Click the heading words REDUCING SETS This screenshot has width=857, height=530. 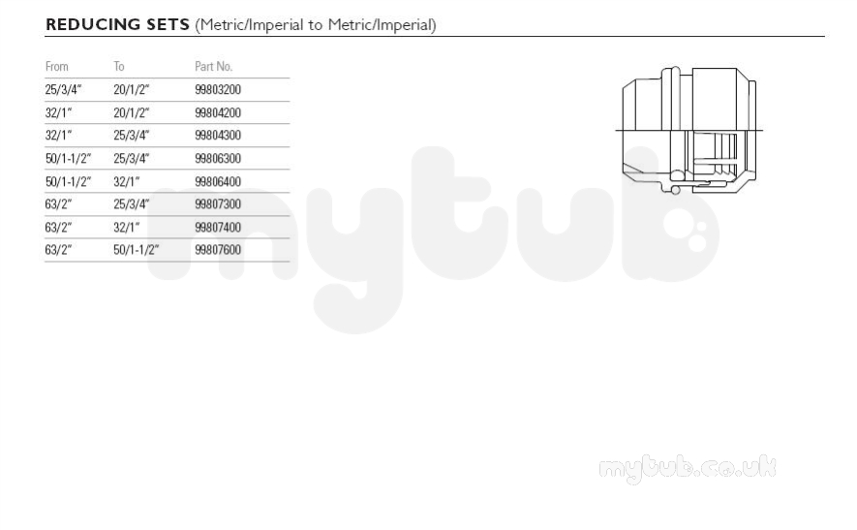coord(117,24)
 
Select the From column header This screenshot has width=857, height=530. coord(57,66)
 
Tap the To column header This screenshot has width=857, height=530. coord(119,66)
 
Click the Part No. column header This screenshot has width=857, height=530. coord(214,66)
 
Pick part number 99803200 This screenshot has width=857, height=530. coord(218,90)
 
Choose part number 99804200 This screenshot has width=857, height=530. coord(218,112)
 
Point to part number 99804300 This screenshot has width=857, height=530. coord(218,135)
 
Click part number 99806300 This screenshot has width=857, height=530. coord(218,158)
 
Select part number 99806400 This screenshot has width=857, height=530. coord(218,181)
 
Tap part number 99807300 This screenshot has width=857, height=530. coord(218,204)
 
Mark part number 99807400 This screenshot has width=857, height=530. coord(218,227)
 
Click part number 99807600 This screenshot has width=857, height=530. coord(218,249)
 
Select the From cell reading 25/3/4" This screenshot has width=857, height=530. coord(63,90)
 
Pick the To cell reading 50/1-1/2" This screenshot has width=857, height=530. coord(137,249)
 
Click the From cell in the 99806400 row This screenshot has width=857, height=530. coord(69,181)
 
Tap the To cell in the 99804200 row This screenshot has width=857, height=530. coord(131,112)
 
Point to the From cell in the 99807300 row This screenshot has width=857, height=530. coord(58,204)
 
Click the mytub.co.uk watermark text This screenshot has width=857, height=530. coord(688,469)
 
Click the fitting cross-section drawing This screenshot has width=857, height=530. coord(689,130)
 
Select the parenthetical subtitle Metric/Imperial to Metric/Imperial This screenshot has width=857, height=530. coord(316,25)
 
